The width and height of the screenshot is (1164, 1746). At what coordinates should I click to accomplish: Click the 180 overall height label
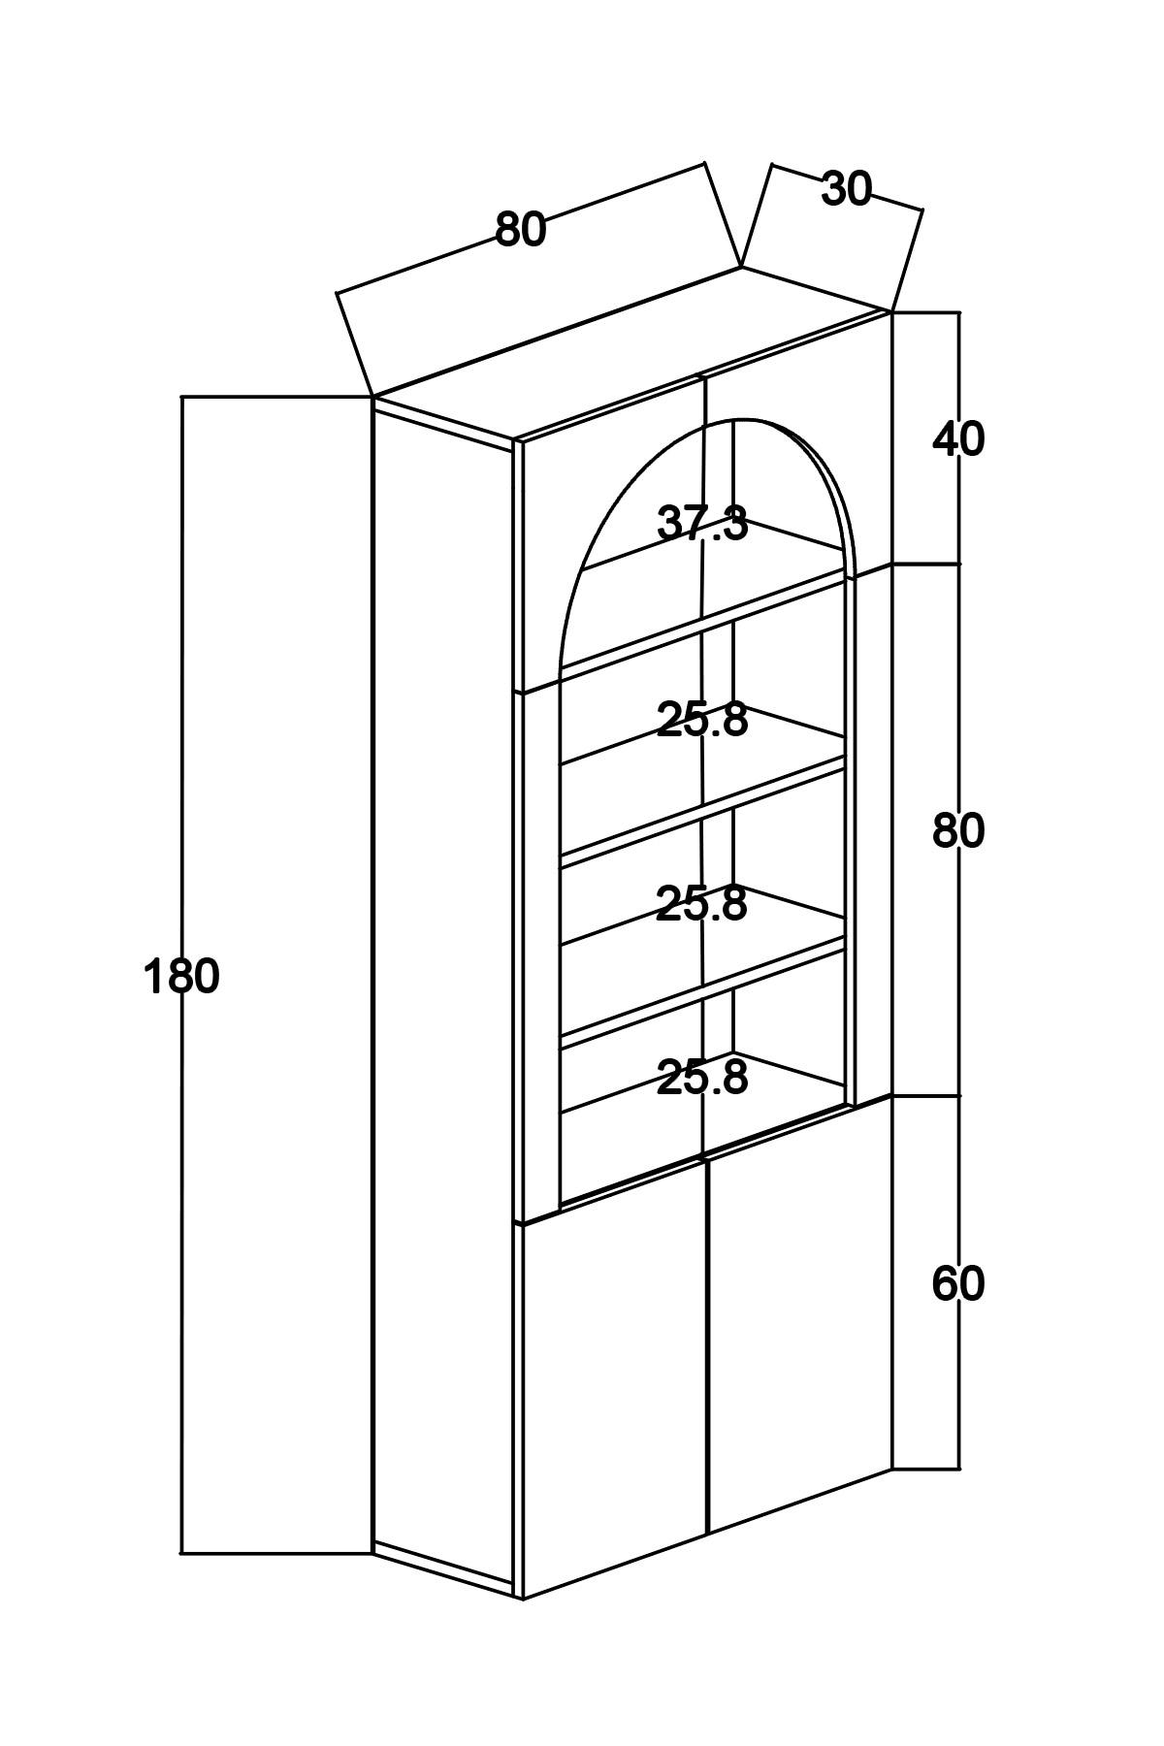(x=181, y=976)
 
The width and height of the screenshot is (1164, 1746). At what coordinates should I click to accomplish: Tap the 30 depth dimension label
(x=847, y=189)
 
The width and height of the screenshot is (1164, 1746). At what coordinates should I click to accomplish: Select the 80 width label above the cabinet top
(x=521, y=230)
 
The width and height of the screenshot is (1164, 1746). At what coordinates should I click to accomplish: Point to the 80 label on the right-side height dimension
(x=958, y=831)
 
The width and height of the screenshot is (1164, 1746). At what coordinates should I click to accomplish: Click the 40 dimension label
(x=958, y=439)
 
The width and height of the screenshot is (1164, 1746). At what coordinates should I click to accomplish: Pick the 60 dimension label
(x=958, y=1284)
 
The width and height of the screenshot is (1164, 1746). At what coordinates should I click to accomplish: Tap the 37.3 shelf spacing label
(x=702, y=524)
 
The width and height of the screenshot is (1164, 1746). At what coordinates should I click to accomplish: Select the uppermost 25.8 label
(x=702, y=720)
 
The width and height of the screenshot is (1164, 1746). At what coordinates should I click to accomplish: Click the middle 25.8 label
(x=702, y=904)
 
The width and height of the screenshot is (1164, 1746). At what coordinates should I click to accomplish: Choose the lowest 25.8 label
(x=702, y=1078)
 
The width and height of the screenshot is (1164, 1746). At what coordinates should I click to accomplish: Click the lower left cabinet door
(x=614, y=1377)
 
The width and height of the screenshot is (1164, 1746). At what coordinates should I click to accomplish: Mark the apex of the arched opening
(x=743, y=419)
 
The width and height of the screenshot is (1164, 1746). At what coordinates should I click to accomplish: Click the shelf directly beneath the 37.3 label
(x=702, y=621)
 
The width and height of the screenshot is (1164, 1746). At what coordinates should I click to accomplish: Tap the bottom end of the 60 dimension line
(x=959, y=1469)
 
